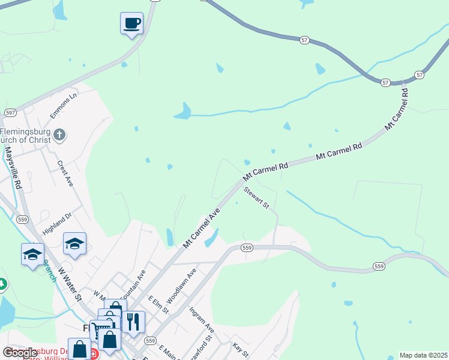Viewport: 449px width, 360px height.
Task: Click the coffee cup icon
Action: pyautogui.click(x=132, y=24)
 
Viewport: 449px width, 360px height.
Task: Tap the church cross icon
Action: pyautogui.click(x=59, y=135)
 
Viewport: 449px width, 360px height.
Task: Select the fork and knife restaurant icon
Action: pyautogui.click(x=133, y=322)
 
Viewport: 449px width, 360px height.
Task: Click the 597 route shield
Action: pyautogui.click(x=10, y=112)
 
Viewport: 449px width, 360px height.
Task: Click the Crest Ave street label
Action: pyautogui.click(x=65, y=173)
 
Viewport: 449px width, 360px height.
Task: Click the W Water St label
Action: pyautogui.click(x=70, y=283)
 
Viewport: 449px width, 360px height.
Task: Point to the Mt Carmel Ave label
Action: pyautogui.click(x=202, y=228)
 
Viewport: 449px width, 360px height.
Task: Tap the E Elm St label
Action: pyautogui.click(x=156, y=303)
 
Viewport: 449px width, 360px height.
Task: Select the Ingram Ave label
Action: pyautogui.click(x=201, y=320)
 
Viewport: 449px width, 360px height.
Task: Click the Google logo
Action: pyautogui.click(x=20, y=353)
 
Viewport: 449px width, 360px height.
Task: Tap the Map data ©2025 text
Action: pyautogui.click(x=423, y=355)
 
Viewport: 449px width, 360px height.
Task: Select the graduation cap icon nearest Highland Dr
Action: pyautogui.click(x=74, y=244)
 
